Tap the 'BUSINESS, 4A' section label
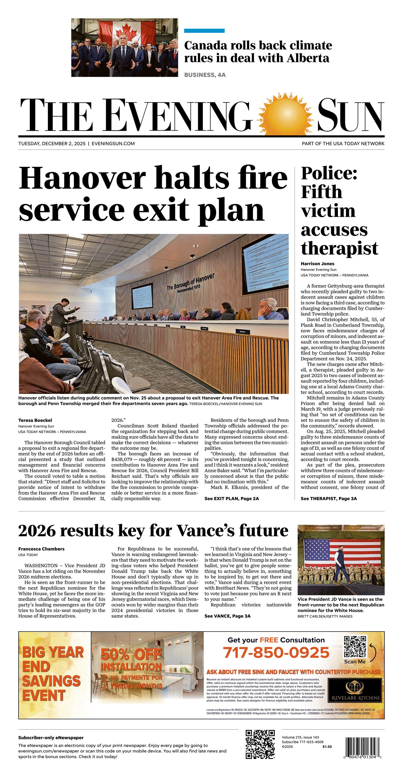[205, 75]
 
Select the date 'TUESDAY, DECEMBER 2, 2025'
[52, 143]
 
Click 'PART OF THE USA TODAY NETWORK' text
[343, 143]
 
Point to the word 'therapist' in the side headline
[339, 248]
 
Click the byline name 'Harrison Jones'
[317, 264]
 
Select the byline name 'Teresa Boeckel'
[35, 420]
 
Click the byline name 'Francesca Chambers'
[41, 549]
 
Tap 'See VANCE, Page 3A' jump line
[227, 616]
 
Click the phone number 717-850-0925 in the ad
[276, 653]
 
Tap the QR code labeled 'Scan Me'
[355, 646]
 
